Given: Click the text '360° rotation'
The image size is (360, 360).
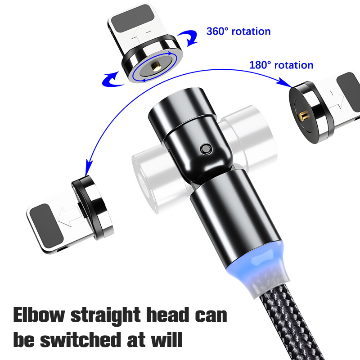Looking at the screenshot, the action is pyautogui.click(x=238, y=31).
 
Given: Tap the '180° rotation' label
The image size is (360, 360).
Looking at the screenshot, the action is pyautogui.click(x=281, y=65).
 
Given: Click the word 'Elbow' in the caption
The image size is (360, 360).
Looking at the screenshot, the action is pyautogui.click(x=39, y=315).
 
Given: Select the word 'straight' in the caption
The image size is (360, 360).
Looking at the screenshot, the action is pyautogui.click(x=105, y=316).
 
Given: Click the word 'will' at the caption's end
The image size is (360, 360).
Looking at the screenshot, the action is pyautogui.click(x=166, y=339).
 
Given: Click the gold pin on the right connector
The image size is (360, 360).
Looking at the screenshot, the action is pyautogui.click(x=303, y=116).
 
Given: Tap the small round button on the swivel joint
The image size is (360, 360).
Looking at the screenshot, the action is pyautogui.click(x=206, y=149).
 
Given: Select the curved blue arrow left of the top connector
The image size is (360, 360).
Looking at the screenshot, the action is pyautogui.click(x=112, y=80).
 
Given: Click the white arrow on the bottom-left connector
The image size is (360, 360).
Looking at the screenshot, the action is pyautogui.click(x=70, y=217).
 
